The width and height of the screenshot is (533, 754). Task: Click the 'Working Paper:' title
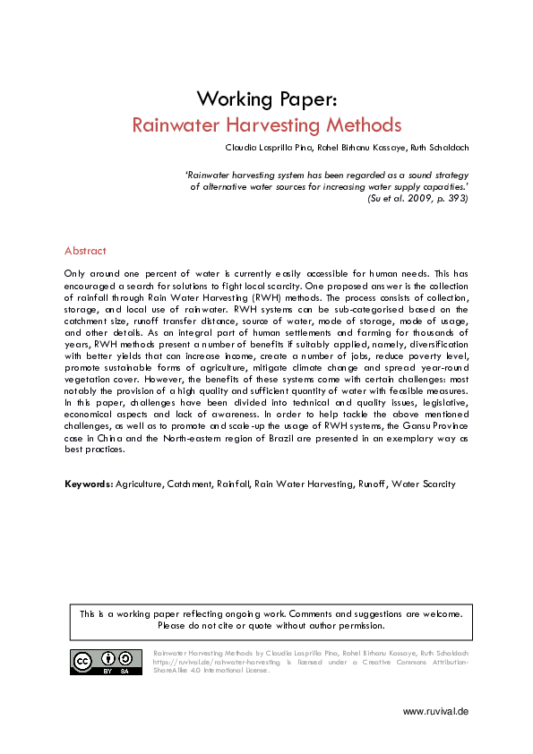266,98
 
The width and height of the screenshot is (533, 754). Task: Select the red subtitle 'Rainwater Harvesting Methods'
266,124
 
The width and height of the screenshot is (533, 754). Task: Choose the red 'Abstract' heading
85,251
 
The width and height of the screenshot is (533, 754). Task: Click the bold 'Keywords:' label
89,484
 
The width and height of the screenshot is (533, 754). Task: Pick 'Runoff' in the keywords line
374,484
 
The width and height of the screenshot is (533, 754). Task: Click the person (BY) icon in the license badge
106,658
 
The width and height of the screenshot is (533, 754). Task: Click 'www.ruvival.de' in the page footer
435,711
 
